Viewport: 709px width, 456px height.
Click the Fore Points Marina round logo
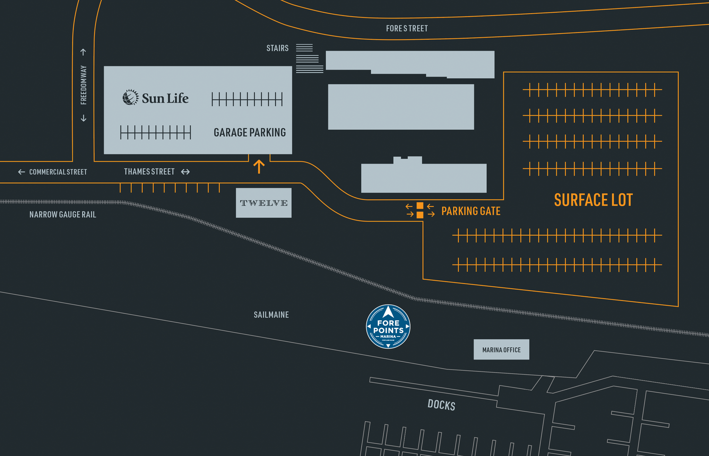[x=388, y=327]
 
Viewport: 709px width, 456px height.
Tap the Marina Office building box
[x=501, y=349]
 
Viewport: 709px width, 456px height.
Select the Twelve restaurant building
[x=264, y=203]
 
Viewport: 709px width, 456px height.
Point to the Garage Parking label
[x=250, y=132]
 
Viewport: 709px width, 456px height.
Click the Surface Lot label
[x=594, y=200]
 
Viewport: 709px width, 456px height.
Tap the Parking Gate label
[x=471, y=211]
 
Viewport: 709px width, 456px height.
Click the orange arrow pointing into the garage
[x=259, y=166]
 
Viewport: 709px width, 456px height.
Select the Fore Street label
[x=406, y=28]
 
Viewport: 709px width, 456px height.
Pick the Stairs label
[x=277, y=48]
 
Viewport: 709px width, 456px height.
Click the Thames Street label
[x=149, y=172]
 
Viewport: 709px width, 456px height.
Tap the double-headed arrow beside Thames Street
[x=185, y=172]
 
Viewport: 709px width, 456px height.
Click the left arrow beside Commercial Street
[x=22, y=172]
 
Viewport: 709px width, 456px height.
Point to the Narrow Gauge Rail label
[x=63, y=215]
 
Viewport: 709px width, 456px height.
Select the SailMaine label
[x=271, y=315]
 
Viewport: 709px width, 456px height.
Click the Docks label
[x=441, y=405]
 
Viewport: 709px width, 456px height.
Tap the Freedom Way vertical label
[x=84, y=85]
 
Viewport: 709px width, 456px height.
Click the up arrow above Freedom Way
[x=83, y=52]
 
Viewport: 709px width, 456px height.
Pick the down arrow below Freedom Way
[x=84, y=118]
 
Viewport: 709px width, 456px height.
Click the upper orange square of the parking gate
[x=420, y=206]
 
